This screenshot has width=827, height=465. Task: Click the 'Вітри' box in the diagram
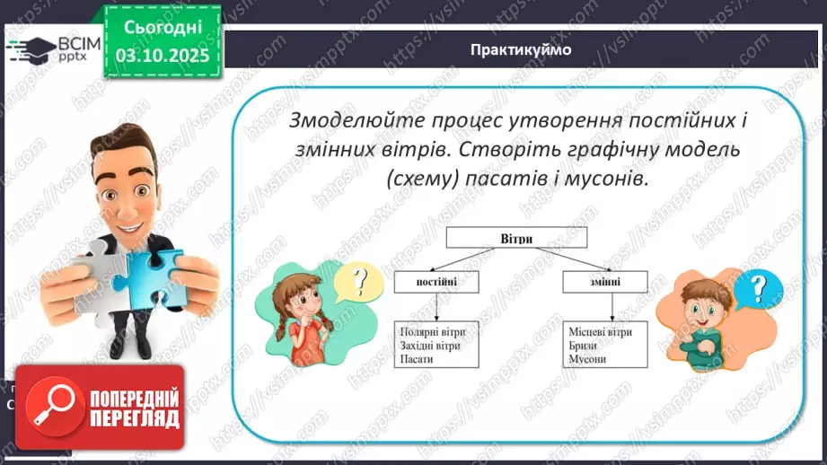pos(516,237)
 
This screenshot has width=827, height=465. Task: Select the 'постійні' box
pos(436,282)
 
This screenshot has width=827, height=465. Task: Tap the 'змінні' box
pos(605,282)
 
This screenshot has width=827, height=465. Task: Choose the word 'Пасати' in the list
pos(418,359)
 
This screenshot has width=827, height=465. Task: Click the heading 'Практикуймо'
pos(520,49)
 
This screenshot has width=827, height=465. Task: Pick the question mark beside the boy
pos(759,289)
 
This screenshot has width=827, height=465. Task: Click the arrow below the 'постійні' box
pos(436,306)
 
